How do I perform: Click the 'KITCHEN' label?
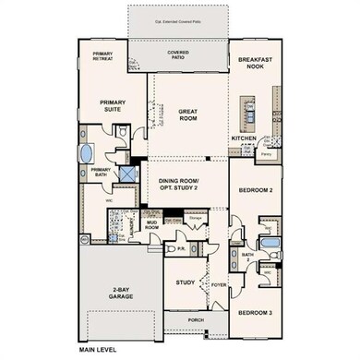point(244,138)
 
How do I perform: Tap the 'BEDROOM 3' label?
point(253,314)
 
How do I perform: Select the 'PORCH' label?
point(196,322)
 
